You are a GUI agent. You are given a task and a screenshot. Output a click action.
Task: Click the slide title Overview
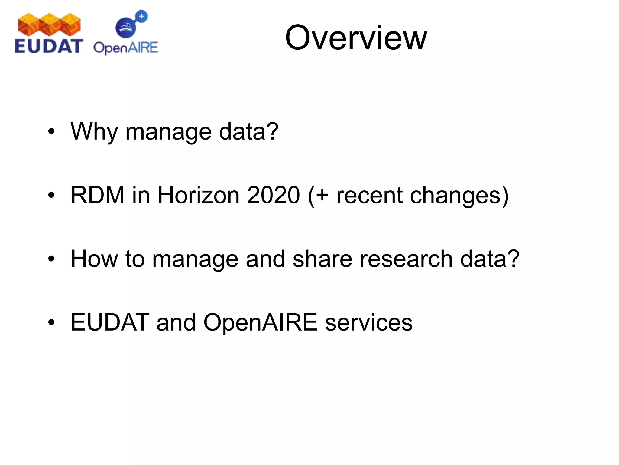point(356,38)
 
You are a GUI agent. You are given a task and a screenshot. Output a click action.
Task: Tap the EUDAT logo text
point(49,46)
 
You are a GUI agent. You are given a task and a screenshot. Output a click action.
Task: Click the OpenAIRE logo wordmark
point(125,48)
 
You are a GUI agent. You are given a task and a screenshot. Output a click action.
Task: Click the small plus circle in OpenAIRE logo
point(141,16)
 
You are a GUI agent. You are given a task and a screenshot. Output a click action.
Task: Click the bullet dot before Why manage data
point(51,132)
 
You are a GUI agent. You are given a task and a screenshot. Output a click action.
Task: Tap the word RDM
point(97,195)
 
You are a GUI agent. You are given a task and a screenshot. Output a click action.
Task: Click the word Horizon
point(198,195)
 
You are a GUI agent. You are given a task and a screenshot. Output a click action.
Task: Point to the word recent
point(369,195)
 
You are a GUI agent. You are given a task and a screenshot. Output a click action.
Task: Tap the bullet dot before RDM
point(51,195)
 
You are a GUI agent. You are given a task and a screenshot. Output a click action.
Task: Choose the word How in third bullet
point(94,259)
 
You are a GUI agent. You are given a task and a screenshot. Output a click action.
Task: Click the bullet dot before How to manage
point(51,259)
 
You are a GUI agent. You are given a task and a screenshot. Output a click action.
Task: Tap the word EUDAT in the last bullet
point(110,322)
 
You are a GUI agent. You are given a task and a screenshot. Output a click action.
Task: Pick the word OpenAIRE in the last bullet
point(260,322)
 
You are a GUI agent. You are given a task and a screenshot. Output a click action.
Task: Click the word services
point(369,322)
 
